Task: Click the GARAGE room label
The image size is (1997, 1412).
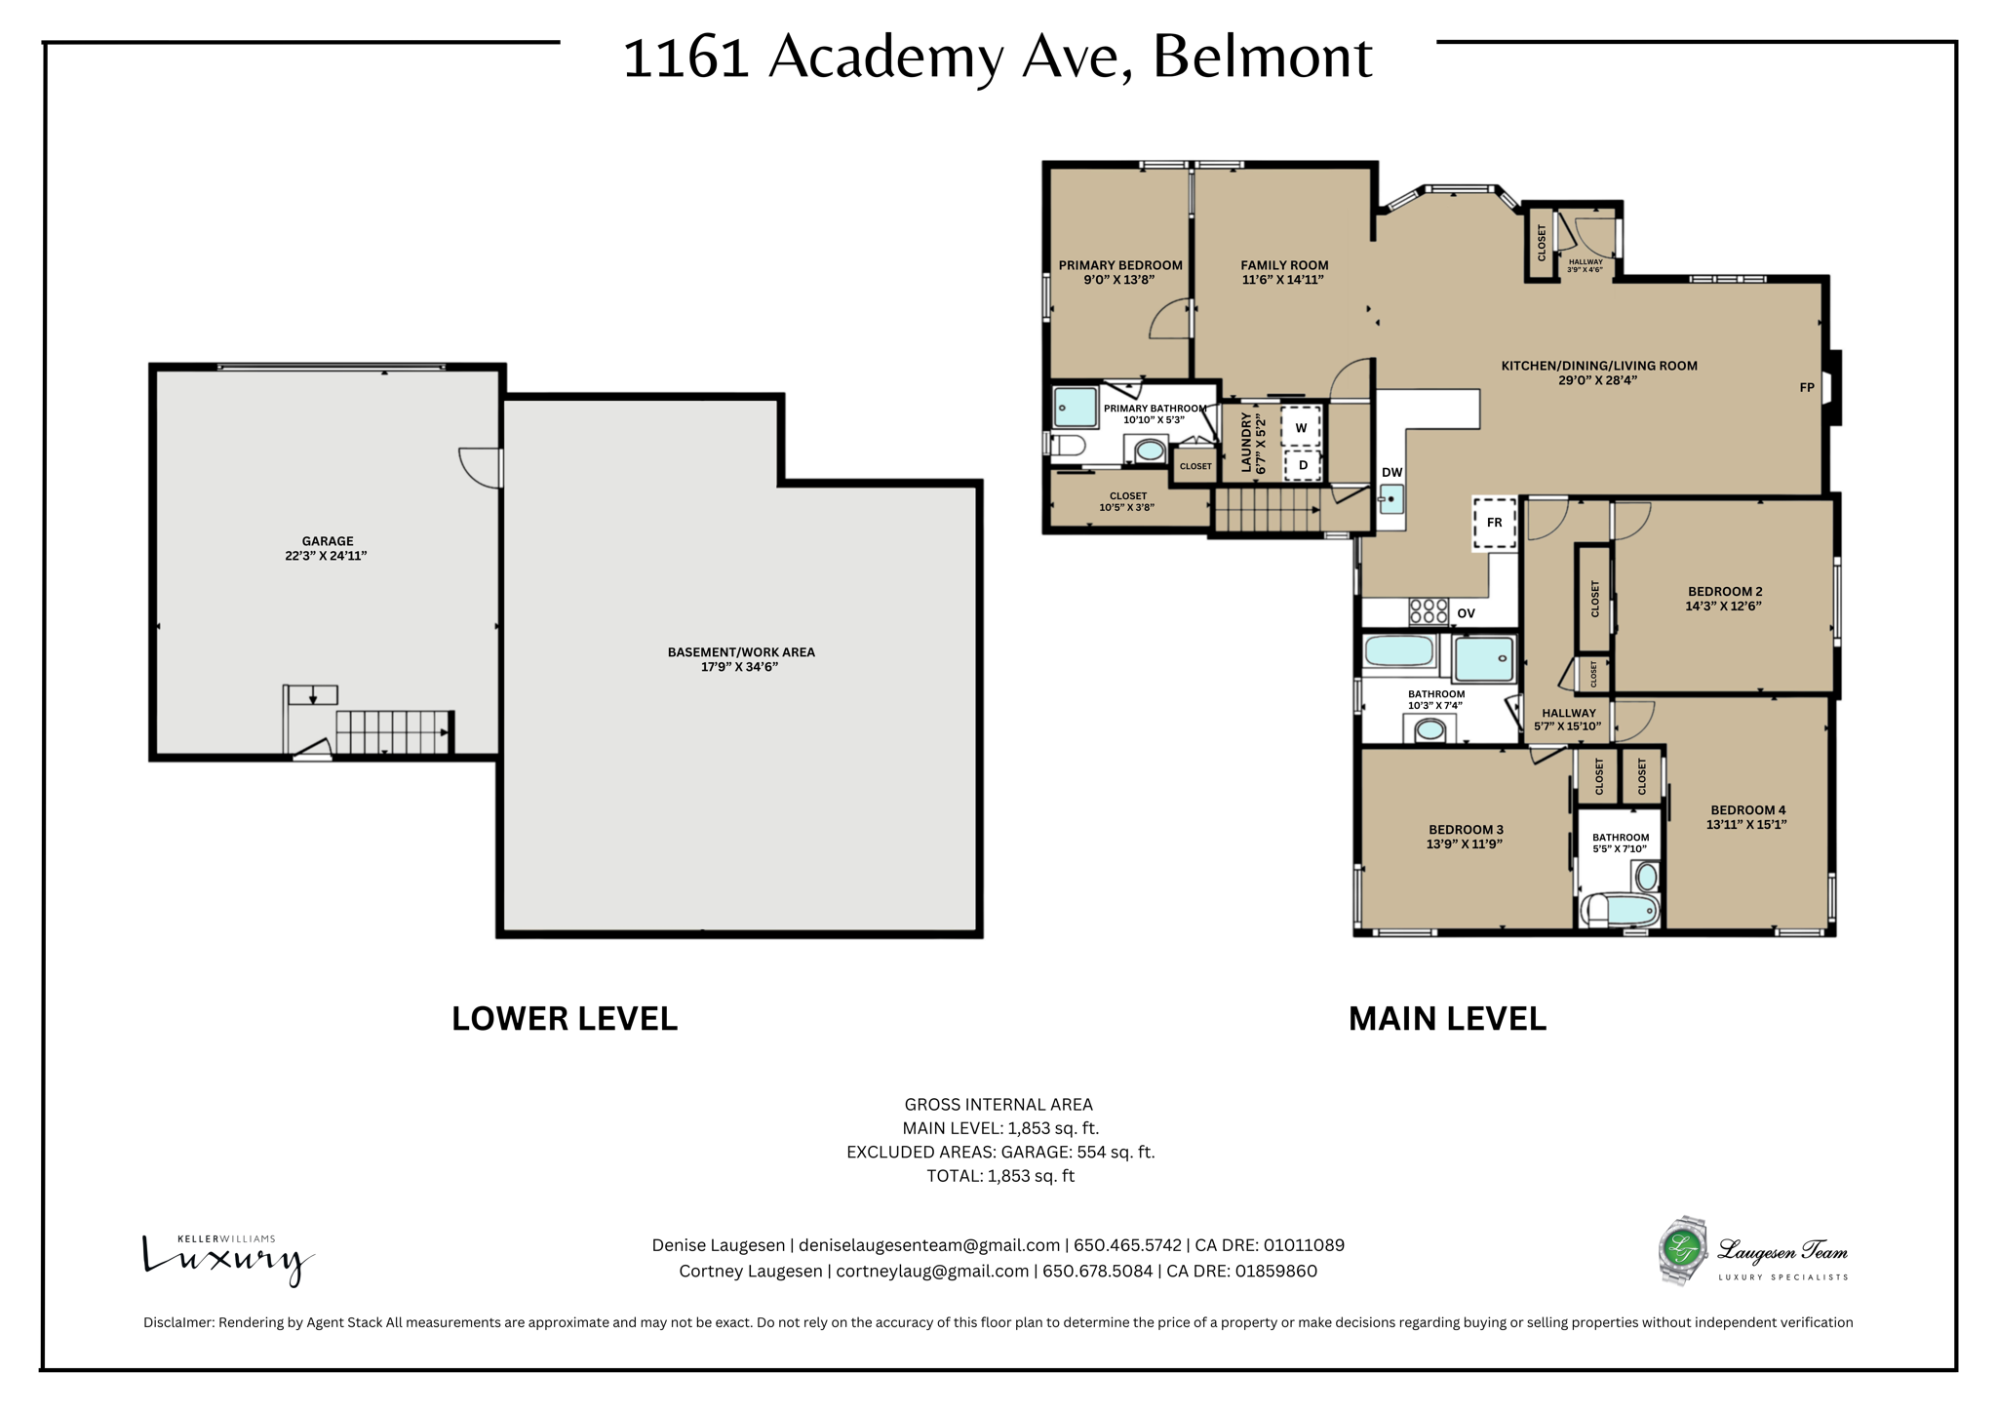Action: point(327,541)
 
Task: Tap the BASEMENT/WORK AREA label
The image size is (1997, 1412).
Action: point(740,652)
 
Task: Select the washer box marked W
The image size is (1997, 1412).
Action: point(1301,428)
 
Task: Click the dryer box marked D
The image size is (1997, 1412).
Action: point(1303,466)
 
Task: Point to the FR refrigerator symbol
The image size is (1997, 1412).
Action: point(1494,524)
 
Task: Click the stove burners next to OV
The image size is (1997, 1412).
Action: point(1429,611)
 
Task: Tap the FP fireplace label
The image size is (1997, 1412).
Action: point(1806,387)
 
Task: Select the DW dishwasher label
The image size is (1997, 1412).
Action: point(1391,473)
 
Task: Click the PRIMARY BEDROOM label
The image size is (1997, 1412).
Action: point(1119,265)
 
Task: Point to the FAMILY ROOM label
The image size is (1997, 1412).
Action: point(1283,265)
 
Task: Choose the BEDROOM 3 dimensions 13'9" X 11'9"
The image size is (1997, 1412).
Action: point(1464,844)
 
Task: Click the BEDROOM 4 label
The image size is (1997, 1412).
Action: point(1747,810)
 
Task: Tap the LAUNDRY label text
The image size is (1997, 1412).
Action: point(1246,442)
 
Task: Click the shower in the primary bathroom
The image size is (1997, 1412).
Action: point(1075,408)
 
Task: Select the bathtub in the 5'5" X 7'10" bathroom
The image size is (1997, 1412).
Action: point(1625,911)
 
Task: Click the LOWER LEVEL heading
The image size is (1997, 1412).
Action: point(564,1019)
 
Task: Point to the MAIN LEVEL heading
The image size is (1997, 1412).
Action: point(1446,1019)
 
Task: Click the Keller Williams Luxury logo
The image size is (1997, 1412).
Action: point(228,1258)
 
